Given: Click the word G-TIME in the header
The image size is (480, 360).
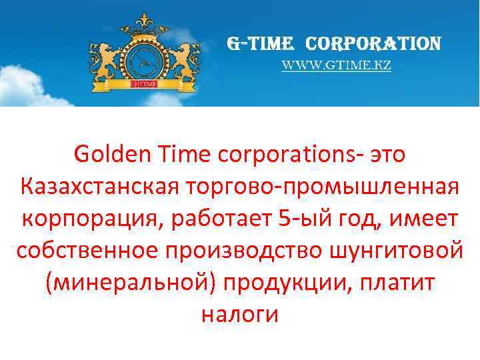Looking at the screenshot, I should [260, 44].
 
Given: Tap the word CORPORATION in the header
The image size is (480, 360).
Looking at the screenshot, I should [373, 44].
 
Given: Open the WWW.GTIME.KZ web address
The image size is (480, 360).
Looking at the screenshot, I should [335, 66].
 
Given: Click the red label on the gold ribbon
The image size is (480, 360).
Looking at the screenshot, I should [144, 85].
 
